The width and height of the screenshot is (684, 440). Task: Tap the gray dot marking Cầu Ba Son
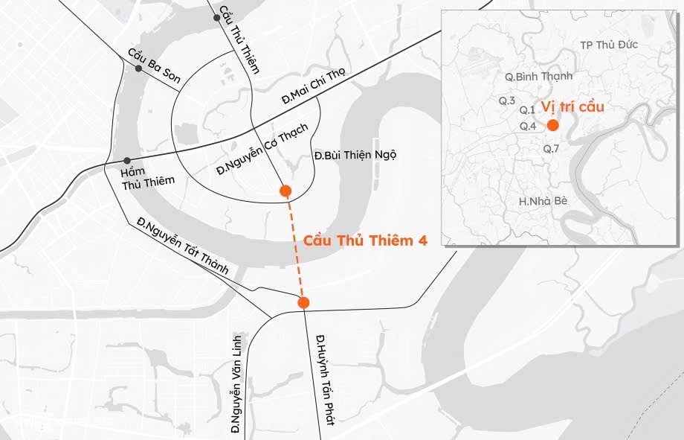click(138, 68)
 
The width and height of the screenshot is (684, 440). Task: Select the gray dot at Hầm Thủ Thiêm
click(127, 161)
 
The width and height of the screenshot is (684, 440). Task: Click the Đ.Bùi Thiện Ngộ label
click(355, 155)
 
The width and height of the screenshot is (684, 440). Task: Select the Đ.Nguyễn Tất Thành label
click(182, 246)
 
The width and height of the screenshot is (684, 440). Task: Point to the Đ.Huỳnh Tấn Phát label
click(325, 380)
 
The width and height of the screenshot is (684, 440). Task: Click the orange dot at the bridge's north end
click(285, 191)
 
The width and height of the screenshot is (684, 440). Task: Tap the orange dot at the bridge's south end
click(303, 302)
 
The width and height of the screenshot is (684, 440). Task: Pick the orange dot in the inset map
click(552, 125)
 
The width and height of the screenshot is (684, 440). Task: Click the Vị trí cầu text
click(572, 106)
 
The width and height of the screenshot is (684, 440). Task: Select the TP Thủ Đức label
click(609, 45)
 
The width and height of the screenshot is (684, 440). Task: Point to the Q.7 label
click(551, 149)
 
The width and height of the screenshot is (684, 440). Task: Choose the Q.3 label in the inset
click(507, 101)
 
